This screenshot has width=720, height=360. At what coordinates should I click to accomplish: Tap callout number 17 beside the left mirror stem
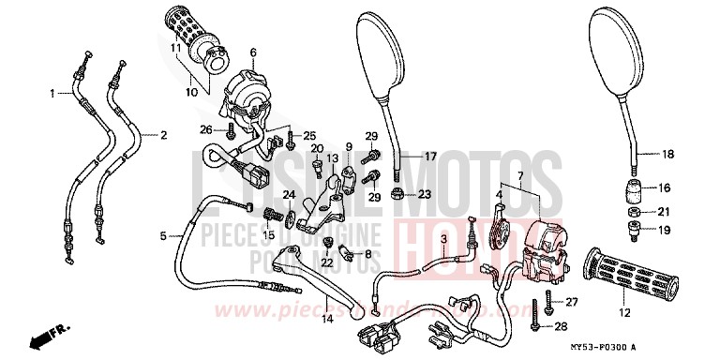430,156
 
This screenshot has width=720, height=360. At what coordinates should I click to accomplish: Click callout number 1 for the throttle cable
53,93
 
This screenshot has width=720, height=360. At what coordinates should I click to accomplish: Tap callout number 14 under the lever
327,319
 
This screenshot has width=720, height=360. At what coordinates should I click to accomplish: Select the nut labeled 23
398,195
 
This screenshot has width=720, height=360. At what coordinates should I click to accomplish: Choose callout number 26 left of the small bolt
206,128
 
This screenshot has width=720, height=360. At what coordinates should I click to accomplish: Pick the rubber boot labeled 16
634,191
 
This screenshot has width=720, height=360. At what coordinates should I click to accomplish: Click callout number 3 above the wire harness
443,241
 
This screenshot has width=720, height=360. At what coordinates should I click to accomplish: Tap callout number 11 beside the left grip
175,48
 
